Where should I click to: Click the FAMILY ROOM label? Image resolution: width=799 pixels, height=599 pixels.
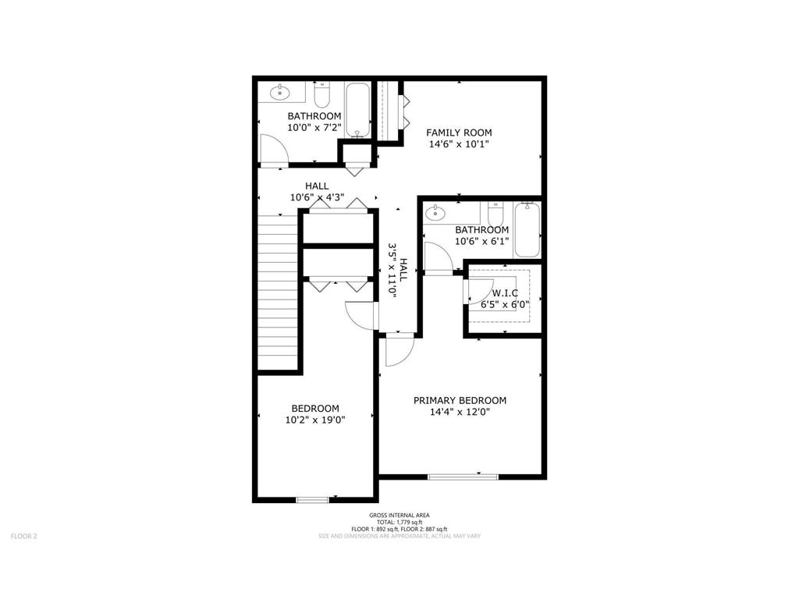click(x=459, y=133)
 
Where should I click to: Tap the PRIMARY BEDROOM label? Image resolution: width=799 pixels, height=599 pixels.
click(x=460, y=400)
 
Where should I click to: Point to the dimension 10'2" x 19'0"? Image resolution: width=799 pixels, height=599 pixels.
click(x=315, y=420)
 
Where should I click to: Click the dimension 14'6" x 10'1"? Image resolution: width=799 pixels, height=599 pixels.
click(x=459, y=144)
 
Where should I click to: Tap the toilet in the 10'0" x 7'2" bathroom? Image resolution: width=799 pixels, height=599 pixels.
click(x=322, y=95)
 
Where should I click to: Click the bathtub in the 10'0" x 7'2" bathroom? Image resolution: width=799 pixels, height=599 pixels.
click(x=358, y=109)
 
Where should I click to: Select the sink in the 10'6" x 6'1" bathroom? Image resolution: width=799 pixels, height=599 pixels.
click(x=435, y=212)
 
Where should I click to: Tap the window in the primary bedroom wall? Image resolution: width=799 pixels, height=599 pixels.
click(x=463, y=477)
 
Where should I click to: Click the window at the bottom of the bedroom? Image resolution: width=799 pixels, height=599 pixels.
click(x=312, y=499)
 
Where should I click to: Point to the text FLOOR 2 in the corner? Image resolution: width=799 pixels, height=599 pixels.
click(x=23, y=537)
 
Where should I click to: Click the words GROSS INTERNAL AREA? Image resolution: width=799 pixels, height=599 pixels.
click(x=399, y=515)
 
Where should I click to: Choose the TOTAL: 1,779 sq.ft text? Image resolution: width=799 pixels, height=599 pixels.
click(x=399, y=522)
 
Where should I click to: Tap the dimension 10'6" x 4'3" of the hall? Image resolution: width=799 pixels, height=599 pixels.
click(x=316, y=197)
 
